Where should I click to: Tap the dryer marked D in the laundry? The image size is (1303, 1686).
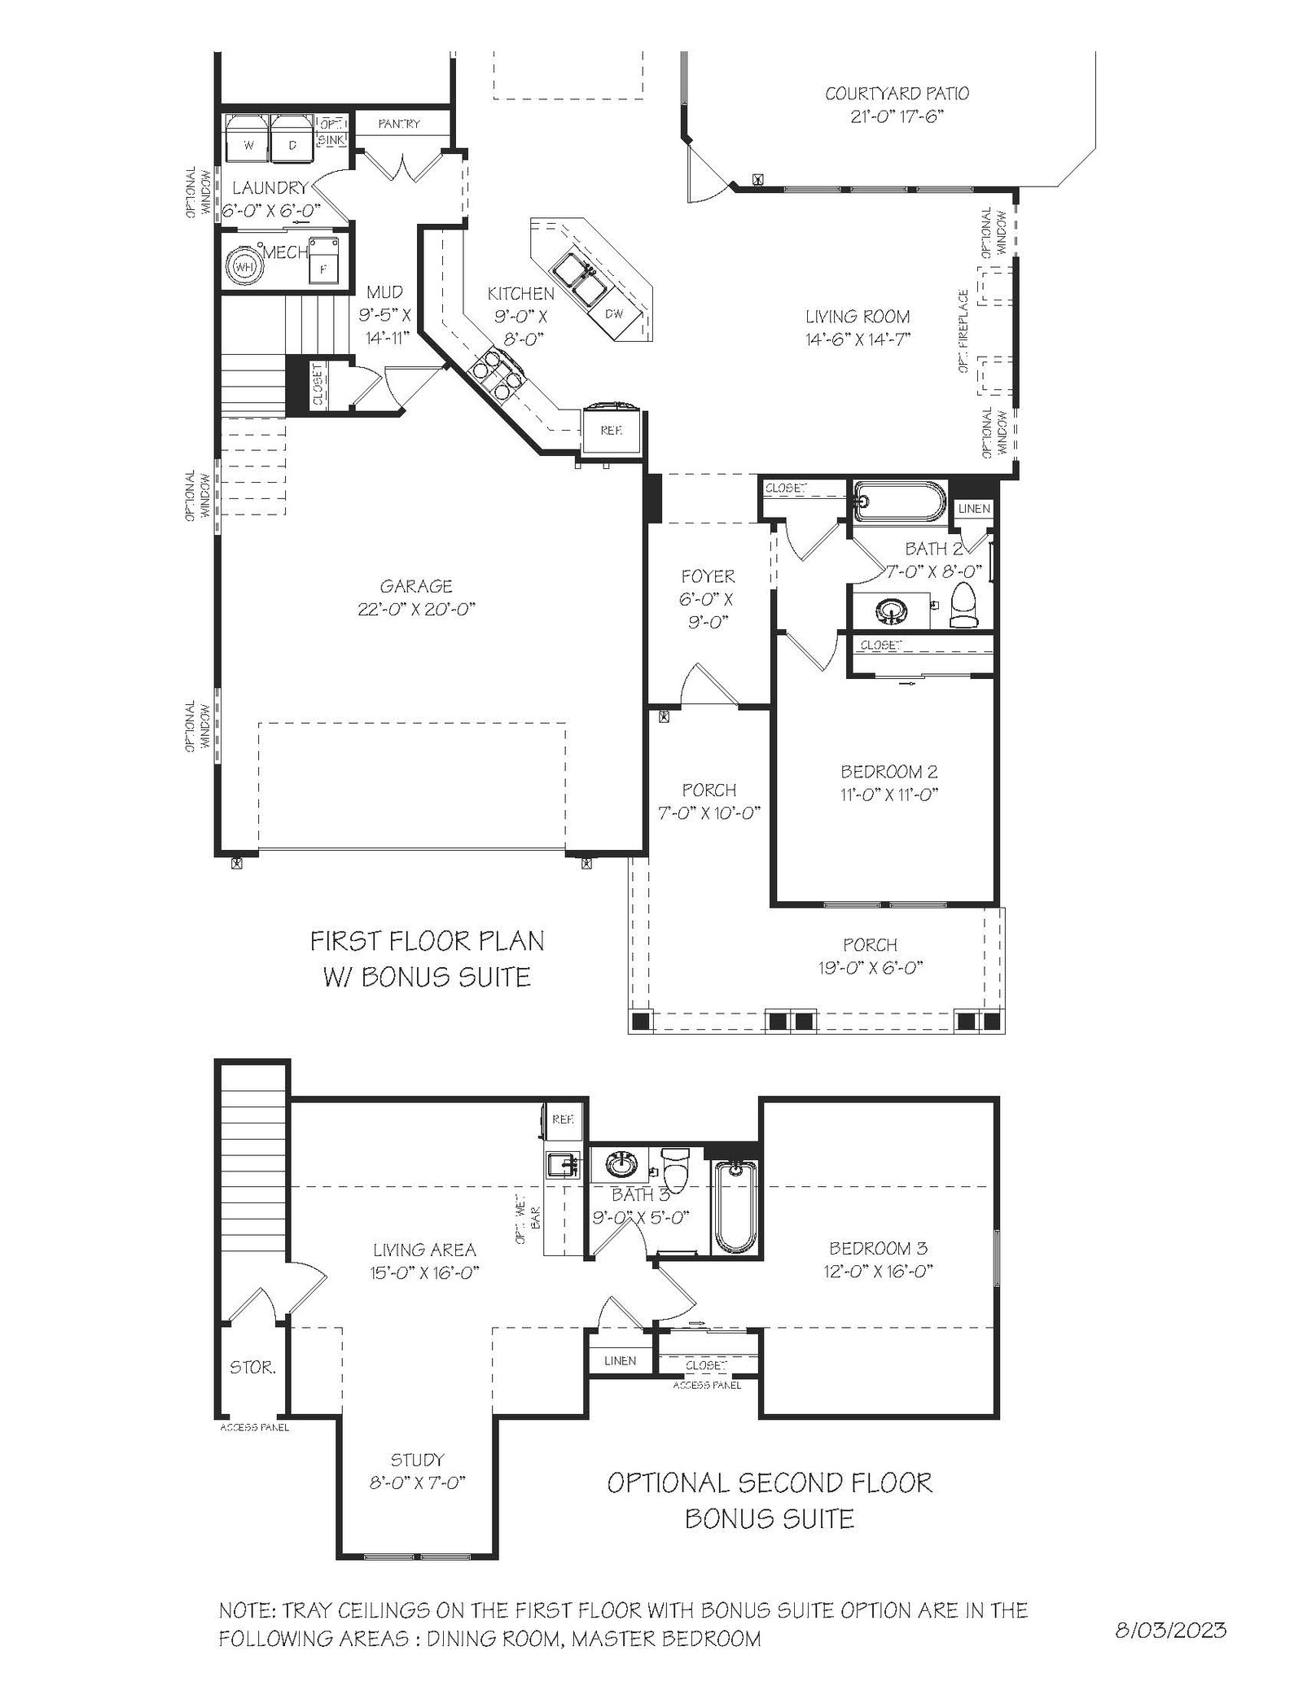click(292, 138)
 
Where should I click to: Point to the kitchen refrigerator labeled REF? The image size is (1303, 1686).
click(612, 431)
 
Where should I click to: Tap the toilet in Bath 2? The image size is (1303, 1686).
click(965, 605)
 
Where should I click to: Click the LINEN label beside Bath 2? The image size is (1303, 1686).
click(974, 509)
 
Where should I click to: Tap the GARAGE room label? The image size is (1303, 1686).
click(416, 585)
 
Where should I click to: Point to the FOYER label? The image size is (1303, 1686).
click(709, 576)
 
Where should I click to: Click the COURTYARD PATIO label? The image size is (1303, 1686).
click(897, 94)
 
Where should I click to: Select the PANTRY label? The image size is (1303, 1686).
click(400, 124)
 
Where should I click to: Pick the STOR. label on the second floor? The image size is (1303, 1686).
click(252, 1368)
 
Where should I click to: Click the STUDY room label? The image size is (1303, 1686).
click(418, 1460)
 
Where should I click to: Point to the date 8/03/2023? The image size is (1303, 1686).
click(1170, 1629)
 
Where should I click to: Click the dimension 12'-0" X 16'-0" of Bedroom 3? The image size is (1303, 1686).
click(878, 1271)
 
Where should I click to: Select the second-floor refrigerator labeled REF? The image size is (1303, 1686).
click(563, 1119)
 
